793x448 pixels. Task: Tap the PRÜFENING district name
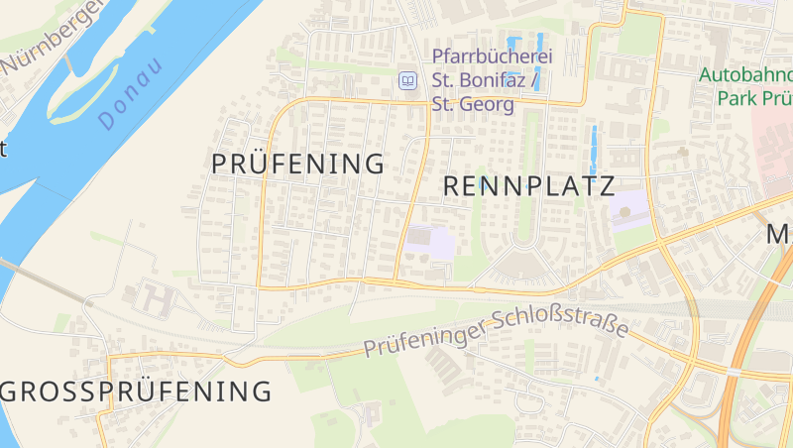pyautogui.click(x=297, y=165)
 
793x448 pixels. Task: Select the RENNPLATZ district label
pyautogui.click(x=529, y=185)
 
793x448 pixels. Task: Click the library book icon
pyautogui.click(x=406, y=80)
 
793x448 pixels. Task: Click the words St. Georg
pyautogui.click(x=473, y=104)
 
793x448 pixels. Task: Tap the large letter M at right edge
pyautogui.click(x=779, y=234)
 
